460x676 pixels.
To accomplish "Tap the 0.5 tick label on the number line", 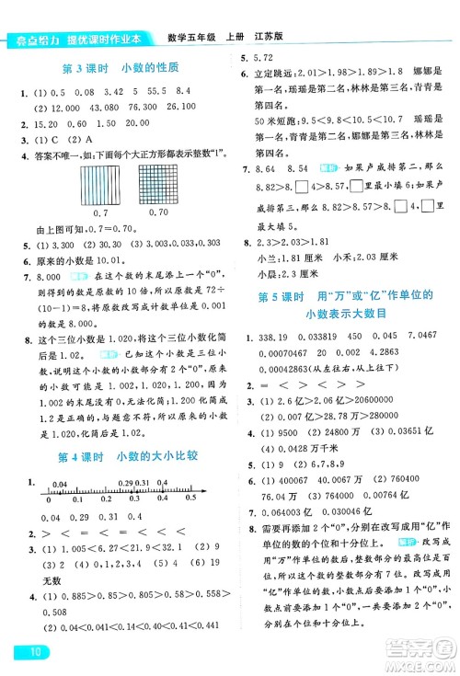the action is tap(190, 498).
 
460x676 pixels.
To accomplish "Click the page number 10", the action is tap(27, 654).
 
